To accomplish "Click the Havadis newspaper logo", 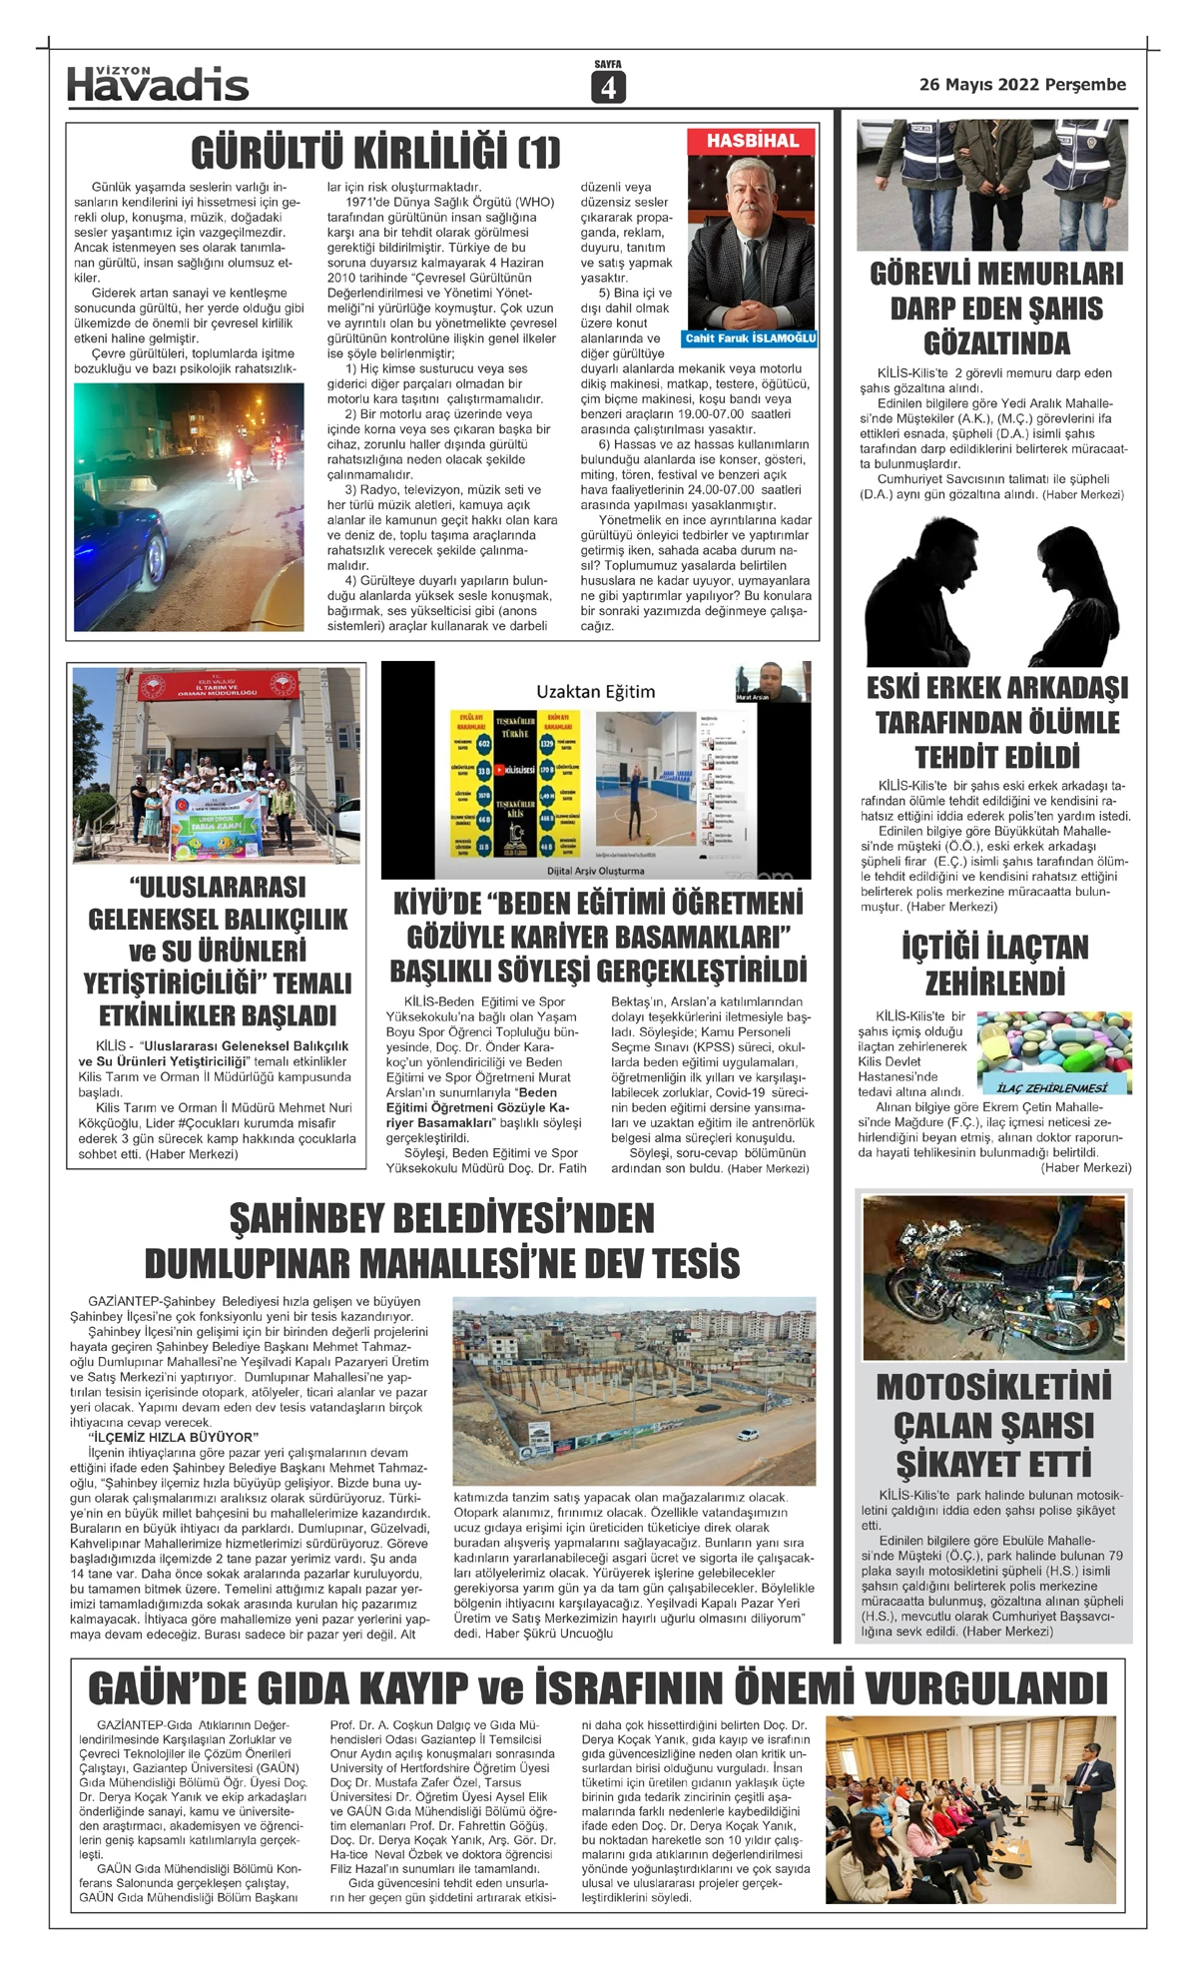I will coord(158,85).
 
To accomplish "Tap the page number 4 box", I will coord(607,88).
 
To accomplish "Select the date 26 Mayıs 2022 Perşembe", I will coord(1022,85).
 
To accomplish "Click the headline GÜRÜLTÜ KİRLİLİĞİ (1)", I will coord(375,153).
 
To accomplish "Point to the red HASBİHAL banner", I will coord(753,141).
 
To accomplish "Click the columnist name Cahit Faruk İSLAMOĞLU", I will coord(751,338).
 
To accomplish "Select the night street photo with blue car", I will coord(189,506).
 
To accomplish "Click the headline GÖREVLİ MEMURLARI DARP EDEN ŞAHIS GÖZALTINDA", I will coord(996,309).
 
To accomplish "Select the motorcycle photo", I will coord(993,1278).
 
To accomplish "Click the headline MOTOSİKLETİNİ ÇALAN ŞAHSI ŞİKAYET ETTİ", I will coord(994,1425).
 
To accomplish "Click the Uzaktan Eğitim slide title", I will coord(596,691).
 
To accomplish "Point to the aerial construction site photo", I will coord(634,1390).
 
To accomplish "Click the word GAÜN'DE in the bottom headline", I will coord(178,1688).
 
